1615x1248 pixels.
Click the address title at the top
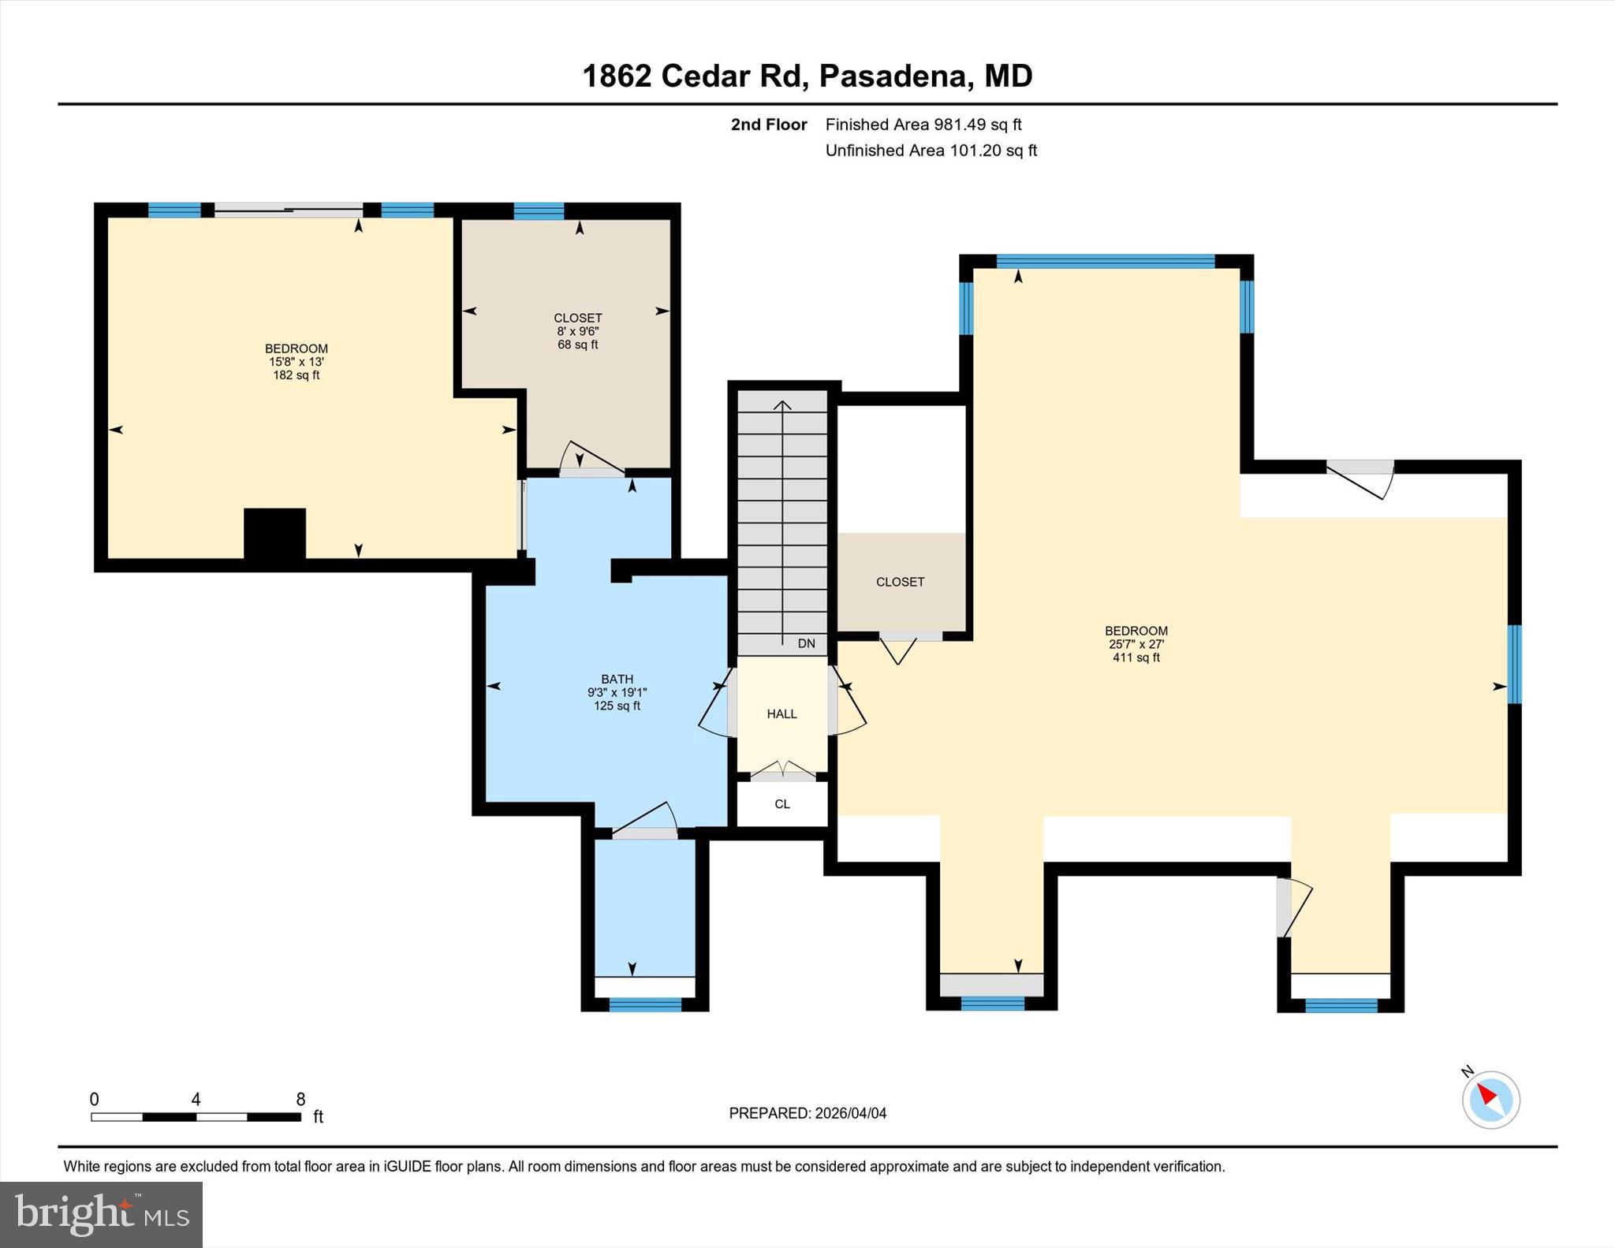tap(807, 76)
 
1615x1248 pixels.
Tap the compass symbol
tap(1490, 1099)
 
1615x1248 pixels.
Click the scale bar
tap(196, 1116)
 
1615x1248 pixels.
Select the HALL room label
tap(781, 713)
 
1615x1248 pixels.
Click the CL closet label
tap(781, 804)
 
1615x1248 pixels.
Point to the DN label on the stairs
tap(806, 643)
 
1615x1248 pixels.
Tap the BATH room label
tap(617, 679)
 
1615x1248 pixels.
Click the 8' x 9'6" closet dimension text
tap(577, 332)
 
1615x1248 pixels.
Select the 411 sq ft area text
tap(1136, 658)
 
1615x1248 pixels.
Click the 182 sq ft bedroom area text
tap(296, 375)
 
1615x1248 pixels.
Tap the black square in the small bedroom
tap(274, 534)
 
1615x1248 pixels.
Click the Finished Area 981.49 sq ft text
tap(923, 125)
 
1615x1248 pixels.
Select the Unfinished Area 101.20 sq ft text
tap(931, 151)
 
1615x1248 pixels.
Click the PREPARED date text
tap(807, 1113)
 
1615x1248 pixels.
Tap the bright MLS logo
tap(101, 1214)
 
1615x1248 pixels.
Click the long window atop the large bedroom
tap(1105, 262)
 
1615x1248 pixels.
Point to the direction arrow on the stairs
tap(781, 520)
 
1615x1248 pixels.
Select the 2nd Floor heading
tap(768, 125)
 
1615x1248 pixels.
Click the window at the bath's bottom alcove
tap(644, 1004)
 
